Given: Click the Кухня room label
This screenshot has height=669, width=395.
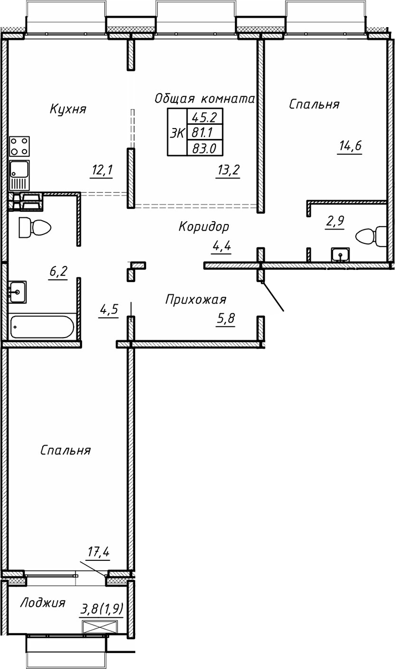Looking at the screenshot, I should pyautogui.click(x=68, y=108).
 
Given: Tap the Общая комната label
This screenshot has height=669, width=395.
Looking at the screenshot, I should pyautogui.click(x=204, y=99).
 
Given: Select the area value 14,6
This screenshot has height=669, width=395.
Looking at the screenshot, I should pyautogui.click(x=350, y=146).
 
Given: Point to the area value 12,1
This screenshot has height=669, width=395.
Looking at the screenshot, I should pyautogui.click(x=101, y=170).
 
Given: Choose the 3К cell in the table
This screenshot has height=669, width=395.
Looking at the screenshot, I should pyautogui.click(x=178, y=133).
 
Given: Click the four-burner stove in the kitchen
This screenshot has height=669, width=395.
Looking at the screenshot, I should pyautogui.click(x=20, y=147).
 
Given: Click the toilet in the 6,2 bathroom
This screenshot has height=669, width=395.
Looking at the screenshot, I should pyautogui.click(x=34, y=227).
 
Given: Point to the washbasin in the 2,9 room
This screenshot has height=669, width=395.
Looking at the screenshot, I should pyautogui.click(x=340, y=254).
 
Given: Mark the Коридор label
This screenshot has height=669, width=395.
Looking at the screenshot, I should pyautogui.click(x=204, y=226).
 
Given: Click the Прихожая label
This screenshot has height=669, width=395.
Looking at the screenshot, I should pyautogui.click(x=196, y=300).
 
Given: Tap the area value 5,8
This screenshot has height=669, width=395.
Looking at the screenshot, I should pyautogui.click(x=224, y=319).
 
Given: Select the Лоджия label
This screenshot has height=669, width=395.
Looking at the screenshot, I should pyautogui.click(x=43, y=602).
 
